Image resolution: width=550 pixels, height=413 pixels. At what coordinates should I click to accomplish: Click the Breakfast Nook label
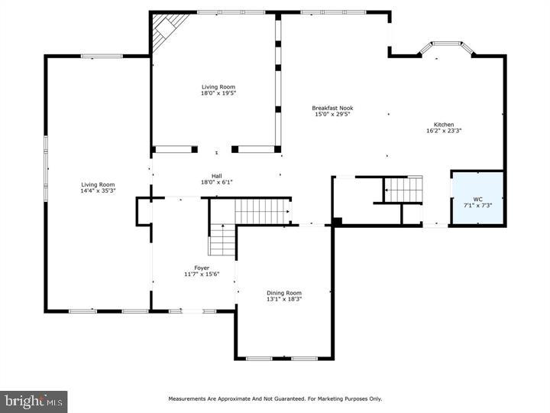332,108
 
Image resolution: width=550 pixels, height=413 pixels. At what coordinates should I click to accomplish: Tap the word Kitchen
444,125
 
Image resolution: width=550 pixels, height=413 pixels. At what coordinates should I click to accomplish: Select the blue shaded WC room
477,198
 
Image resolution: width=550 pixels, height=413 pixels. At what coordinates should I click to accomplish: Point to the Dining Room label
283,293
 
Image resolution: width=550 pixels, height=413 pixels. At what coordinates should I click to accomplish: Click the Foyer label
202,268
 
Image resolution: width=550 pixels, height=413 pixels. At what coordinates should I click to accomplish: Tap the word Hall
216,175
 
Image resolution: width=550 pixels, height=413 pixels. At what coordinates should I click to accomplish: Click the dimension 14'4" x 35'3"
98,190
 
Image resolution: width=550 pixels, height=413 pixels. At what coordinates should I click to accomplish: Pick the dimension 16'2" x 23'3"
444,131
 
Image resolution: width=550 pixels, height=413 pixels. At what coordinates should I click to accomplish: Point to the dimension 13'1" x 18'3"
283,299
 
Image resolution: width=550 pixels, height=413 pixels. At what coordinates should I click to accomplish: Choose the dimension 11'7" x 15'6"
202,274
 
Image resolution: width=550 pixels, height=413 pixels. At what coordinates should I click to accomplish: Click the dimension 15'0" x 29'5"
332,115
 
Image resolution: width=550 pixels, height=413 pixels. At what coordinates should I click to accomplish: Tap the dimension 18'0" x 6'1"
216,182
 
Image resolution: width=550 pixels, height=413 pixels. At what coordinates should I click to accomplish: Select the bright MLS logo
34,401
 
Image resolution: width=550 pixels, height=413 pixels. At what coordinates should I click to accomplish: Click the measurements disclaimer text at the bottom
275,398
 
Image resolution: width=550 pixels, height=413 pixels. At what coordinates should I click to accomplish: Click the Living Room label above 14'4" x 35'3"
98,184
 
